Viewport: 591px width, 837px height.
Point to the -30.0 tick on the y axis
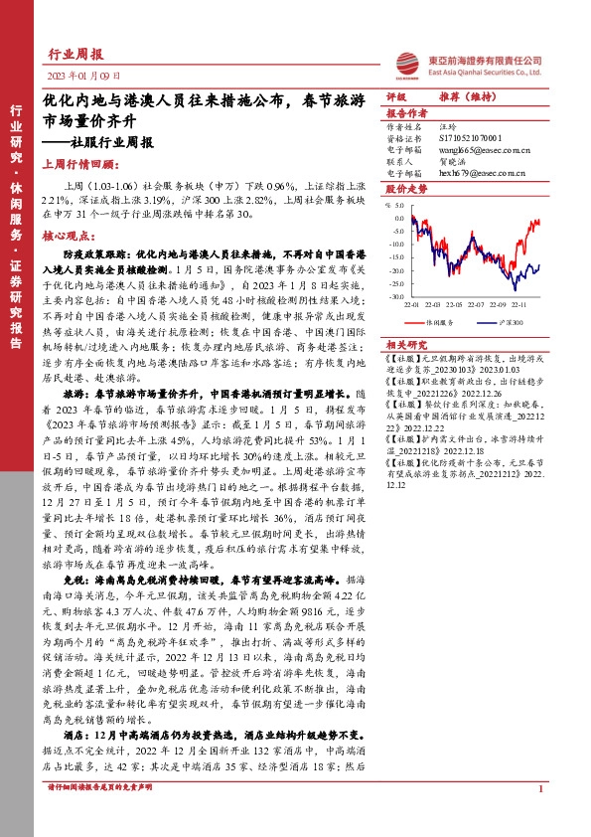pyautogui.click(x=397, y=295)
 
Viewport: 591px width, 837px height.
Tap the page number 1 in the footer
pyautogui.click(x=539, y=817)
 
